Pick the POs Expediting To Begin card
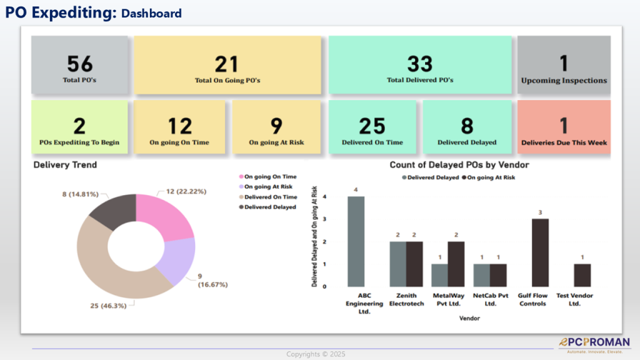click(79, 127)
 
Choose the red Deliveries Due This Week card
click(564, 127)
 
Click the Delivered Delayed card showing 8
click(467, 127)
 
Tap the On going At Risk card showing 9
click(276, 127)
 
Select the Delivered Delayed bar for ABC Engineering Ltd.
click(356, 241)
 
